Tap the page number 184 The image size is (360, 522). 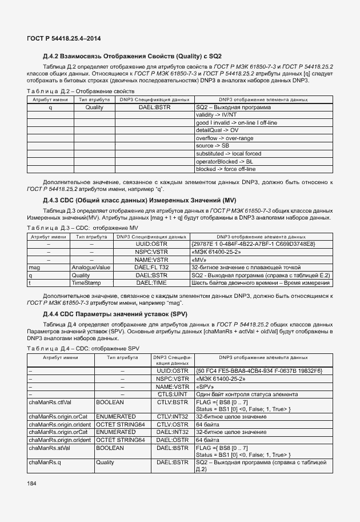pyautogui.click(x=33, y=484)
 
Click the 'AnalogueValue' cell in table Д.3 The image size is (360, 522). pyautogui.click(x=91, y=267)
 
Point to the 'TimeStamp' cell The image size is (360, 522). pyautogui.click(x=86, y=282)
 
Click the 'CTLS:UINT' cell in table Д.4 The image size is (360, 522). pyautogui.click(x=172, y=395)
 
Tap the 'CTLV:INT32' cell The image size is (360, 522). pyautogui.click(x=172, y=417)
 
